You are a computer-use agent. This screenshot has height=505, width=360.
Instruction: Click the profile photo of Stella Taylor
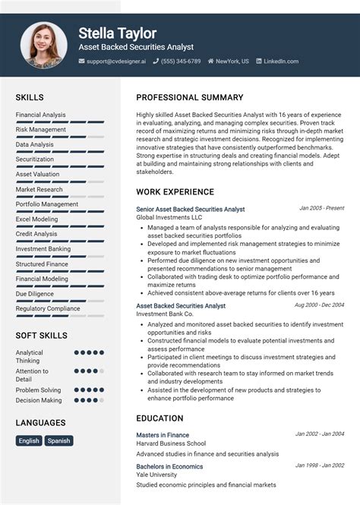coord(43,45)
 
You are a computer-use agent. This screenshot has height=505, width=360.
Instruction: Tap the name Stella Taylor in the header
coord(117,33)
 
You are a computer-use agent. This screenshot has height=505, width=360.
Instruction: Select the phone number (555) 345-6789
coord(181,62)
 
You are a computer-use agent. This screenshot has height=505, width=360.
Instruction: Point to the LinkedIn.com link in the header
coord(281,62)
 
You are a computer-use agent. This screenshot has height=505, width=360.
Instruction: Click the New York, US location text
coord(232,62)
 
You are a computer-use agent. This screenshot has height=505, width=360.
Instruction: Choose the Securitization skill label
coord(35,159)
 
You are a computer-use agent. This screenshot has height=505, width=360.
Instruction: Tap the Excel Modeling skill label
coord(36,219)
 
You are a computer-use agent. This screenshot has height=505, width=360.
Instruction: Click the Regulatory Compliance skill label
coord(48,308)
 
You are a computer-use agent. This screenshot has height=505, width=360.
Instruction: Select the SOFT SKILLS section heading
coord(42,336)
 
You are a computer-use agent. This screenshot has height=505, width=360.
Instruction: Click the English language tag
coord(29,440)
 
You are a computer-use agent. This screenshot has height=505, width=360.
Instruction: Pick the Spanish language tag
coord(58,440)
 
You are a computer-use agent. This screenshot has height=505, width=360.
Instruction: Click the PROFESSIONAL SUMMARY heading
coord(190,97)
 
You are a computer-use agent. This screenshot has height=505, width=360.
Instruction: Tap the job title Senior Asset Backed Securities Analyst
coord(191,209)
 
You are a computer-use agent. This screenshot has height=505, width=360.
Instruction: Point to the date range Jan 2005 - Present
coord(322,207)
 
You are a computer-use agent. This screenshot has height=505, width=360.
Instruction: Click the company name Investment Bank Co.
coord(165,314)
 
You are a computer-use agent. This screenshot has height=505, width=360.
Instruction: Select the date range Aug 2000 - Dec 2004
coord(319,305)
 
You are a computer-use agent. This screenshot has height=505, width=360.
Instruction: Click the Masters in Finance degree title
coord(163,435)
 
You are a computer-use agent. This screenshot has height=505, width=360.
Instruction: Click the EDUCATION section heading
coord(159,418)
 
